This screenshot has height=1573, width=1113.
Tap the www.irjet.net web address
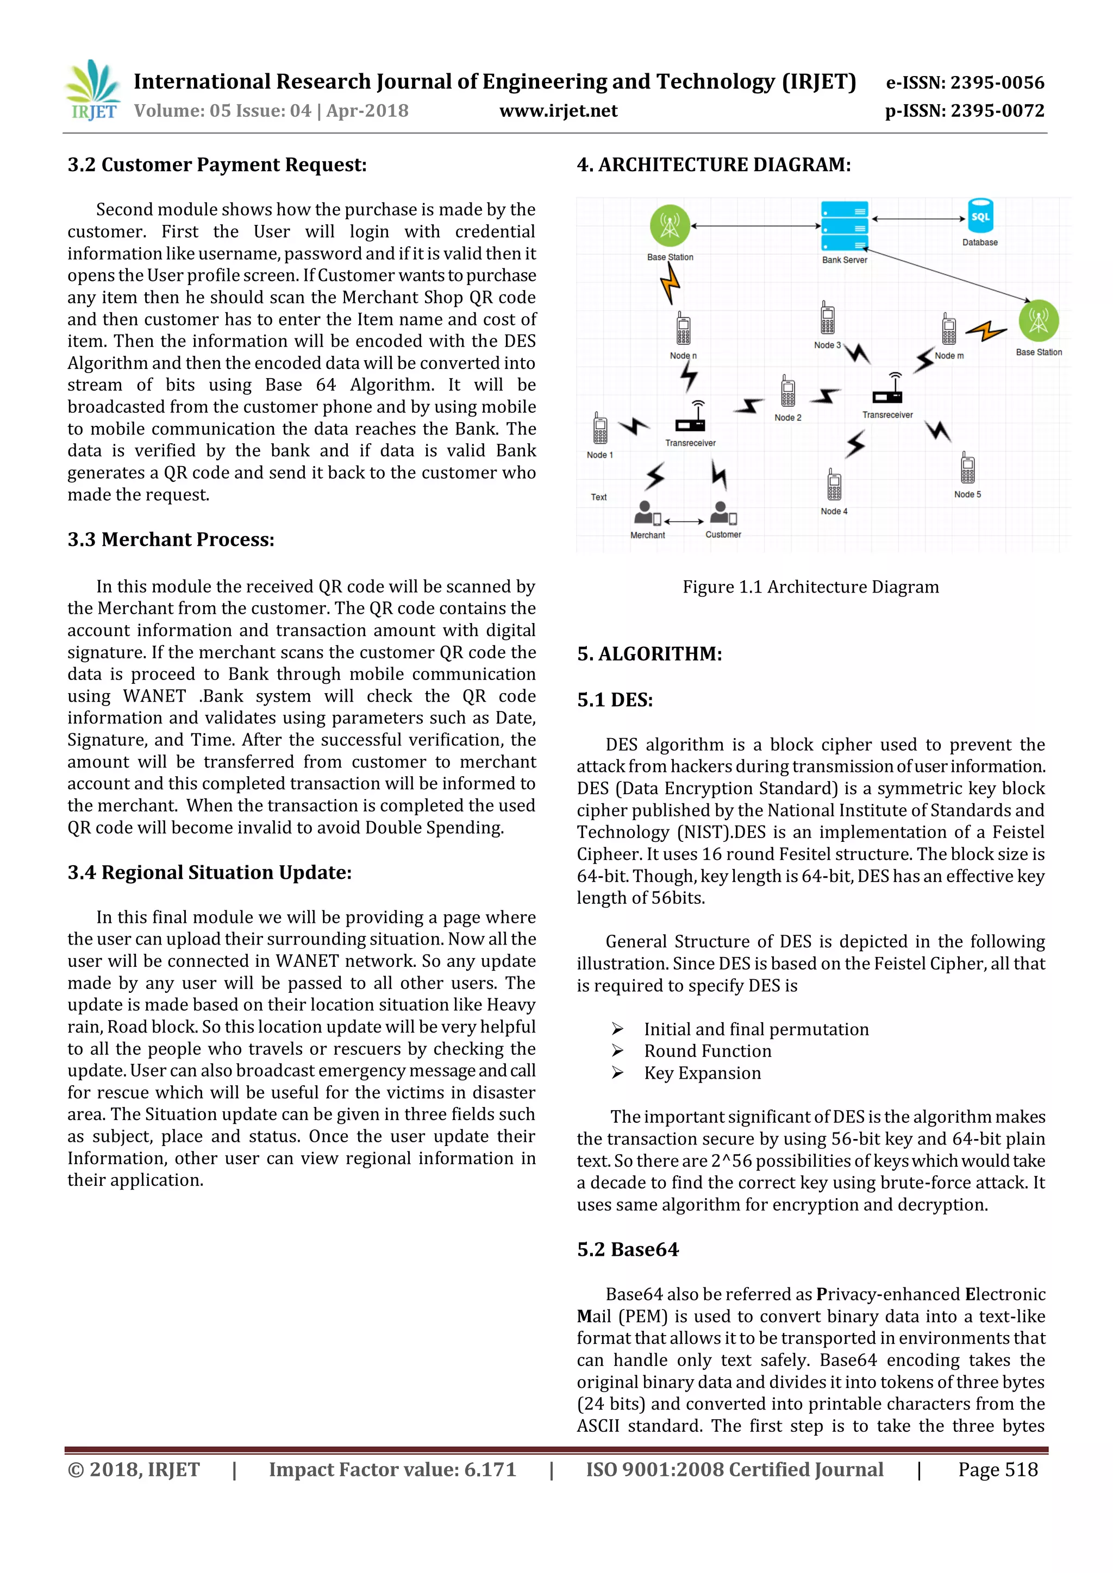[558, 111]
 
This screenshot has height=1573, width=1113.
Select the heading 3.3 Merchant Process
[171, 540]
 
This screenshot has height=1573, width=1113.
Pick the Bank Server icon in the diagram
[845, 226]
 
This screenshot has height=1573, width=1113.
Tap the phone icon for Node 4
[834, 486]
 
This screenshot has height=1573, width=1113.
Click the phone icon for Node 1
[601, 429]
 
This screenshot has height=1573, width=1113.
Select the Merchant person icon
[646, 513]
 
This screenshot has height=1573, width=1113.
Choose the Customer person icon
[722, 513]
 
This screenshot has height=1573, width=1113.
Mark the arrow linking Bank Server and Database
[918, 219]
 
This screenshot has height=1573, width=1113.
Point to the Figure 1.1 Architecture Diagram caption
[811, 587]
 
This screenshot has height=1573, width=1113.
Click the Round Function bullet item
[707, 1051]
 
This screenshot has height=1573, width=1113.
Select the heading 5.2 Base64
[628, 1250]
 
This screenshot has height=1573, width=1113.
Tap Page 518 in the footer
[998, 1470]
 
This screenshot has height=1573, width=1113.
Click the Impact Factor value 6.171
[392, 1470]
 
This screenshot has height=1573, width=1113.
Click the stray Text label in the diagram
[599, 498]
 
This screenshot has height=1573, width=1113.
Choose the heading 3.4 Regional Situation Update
[210, 873]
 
